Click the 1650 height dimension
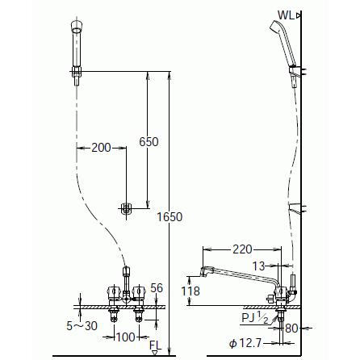pyautogui.click(x=170, y=217)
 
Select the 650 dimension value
pyautogui.click(x=149, y=142)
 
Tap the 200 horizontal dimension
pyautogui.click(x=101, y=148)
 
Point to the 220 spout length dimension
pyautogui.click(x=242, y=249)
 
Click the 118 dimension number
pyautogui.click(x=190, y=291)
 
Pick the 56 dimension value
pyautogui.click(x=157, y=288)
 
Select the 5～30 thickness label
pyautogui.click(x=82, y=326)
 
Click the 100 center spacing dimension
pyautogui.click(x=125, y=337)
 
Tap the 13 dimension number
pyautogui.click(x=258, y=266)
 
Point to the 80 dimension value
pyautogui.click(x=291, y=329)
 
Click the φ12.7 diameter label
pyautogui.click(x=245, y=343)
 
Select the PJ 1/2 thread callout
pyautogui.click(x=255, y=318)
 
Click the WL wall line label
pyautogui.click(x=287, y=15)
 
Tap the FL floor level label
pyautogui.click(x=156, y=345)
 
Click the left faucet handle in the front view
pyautogui.click(x=113, y=291)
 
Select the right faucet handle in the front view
pyautogui.click(x=139, y=291)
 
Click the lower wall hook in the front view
pyautogui.click(x=125, y=208)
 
